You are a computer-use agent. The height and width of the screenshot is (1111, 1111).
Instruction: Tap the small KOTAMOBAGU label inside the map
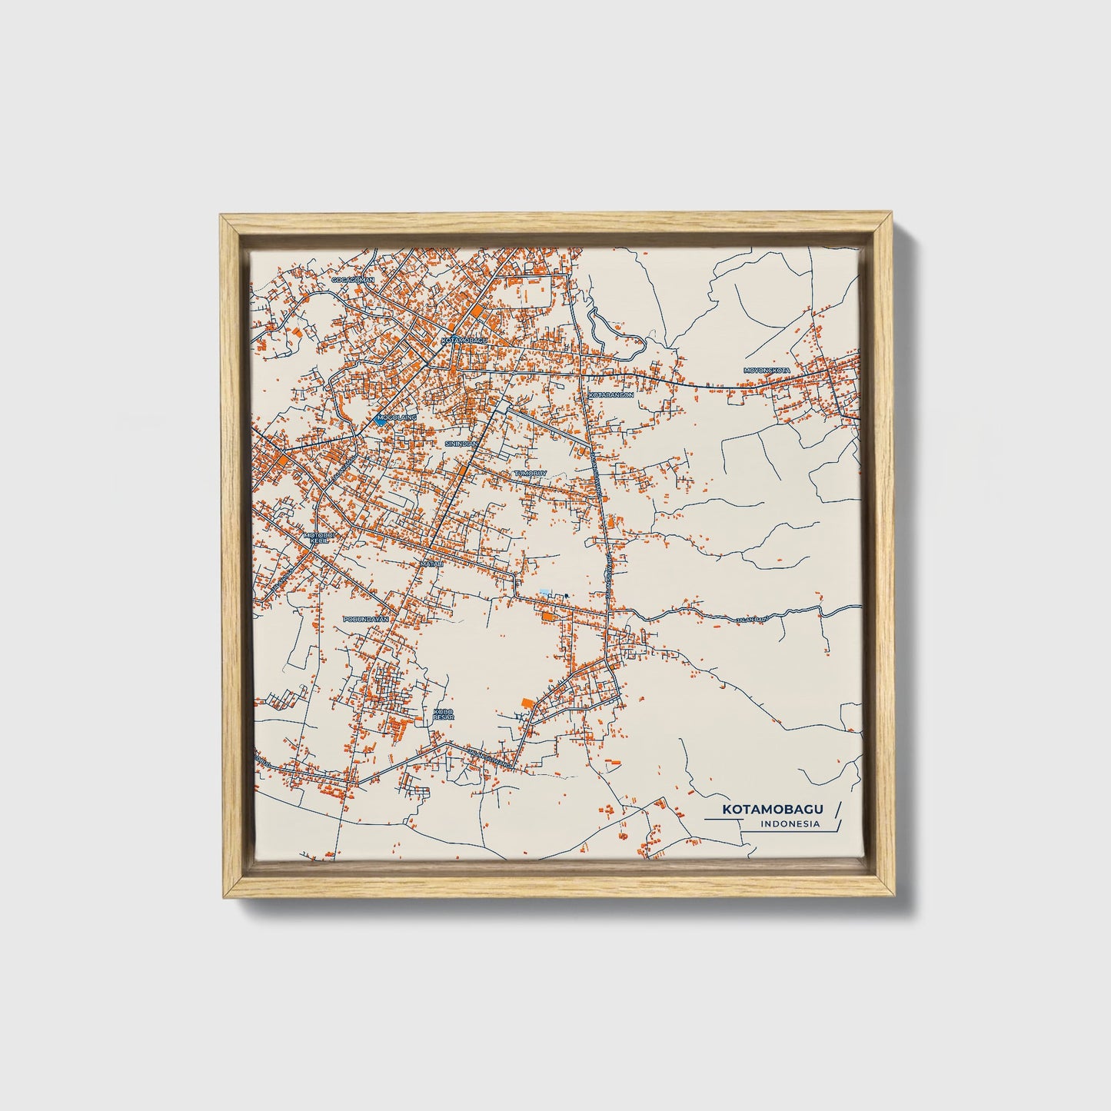[465, 339]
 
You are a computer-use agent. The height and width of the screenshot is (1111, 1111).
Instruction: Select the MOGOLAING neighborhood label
[397, 417]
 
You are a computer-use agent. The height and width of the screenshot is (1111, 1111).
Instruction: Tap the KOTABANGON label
[611, 394]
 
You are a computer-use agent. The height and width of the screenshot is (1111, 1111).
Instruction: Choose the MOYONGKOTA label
[767, 371]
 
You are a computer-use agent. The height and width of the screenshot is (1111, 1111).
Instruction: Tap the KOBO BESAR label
[444, 714]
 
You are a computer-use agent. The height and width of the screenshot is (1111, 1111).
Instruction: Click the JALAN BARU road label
[750, 619]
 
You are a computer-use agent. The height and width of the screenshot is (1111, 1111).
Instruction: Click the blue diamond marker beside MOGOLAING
[381, 421]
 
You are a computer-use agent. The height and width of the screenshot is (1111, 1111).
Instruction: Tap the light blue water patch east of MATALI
[545, 591]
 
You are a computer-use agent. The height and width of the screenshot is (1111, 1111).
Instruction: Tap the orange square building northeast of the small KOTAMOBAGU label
[478, 311]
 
